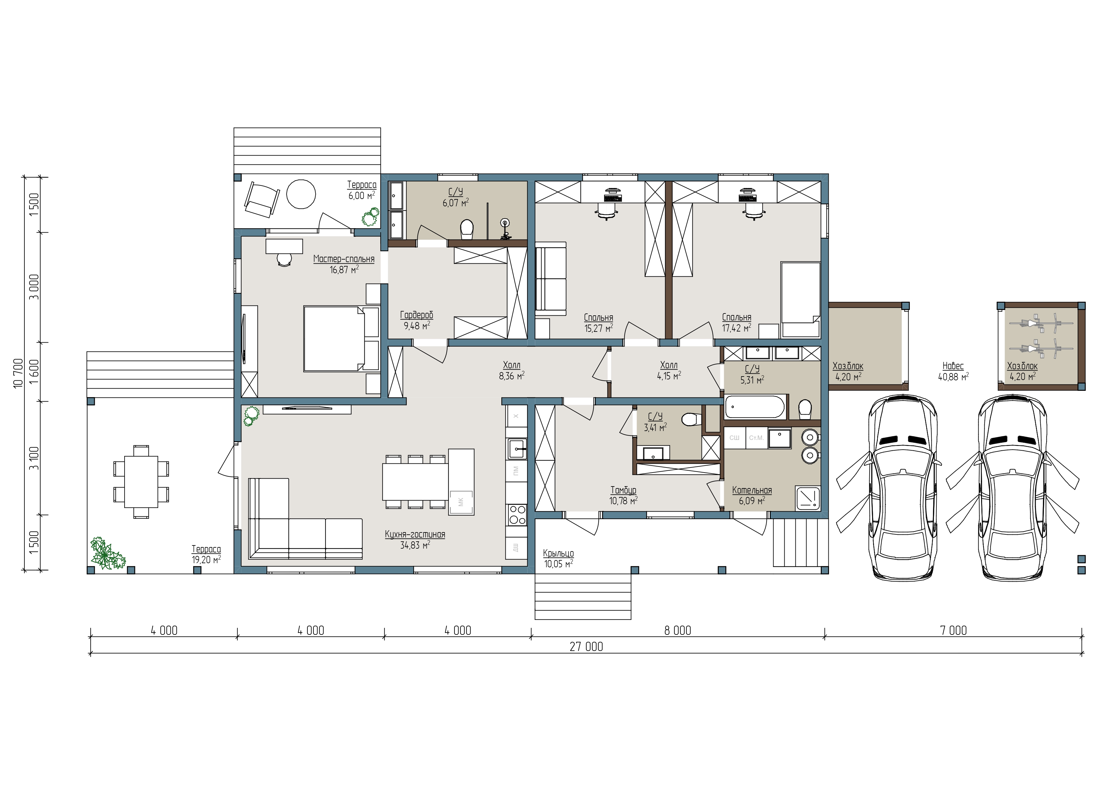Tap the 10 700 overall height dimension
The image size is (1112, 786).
point(18,373)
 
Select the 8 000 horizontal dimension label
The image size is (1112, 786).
point(678,631)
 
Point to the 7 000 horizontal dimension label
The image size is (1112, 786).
point(953,631)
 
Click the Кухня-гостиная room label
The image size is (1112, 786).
point(415,535)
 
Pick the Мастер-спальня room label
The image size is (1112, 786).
point(344,259)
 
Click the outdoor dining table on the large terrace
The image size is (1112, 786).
point(141,482)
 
